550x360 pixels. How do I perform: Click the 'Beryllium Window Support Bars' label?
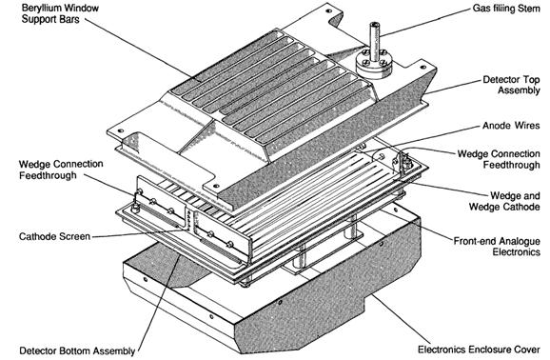tap(60, 13)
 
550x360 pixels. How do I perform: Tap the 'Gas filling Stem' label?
tap(506, 8)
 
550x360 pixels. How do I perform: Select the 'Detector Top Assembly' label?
tap(511, 85)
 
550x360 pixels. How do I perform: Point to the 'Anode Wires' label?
tap(511, 126)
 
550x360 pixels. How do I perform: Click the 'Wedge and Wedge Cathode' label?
tap(504, 201)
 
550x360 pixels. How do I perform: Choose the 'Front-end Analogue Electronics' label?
tap(497, 247)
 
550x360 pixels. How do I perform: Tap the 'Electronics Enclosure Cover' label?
tap(479, 350)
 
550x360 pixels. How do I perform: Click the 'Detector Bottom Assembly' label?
tap(77, 350)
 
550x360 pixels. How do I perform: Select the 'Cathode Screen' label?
tap(55, 236)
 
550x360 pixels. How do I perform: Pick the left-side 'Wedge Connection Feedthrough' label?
tap(61, 170)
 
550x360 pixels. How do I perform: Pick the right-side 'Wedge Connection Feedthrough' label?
tap(499, 159)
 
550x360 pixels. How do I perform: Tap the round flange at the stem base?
tap(374, 65)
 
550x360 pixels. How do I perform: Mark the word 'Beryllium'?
tap(44, 8)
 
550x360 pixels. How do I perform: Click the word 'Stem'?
tap(529, 8)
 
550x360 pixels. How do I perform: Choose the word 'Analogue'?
tap(520, 242)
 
